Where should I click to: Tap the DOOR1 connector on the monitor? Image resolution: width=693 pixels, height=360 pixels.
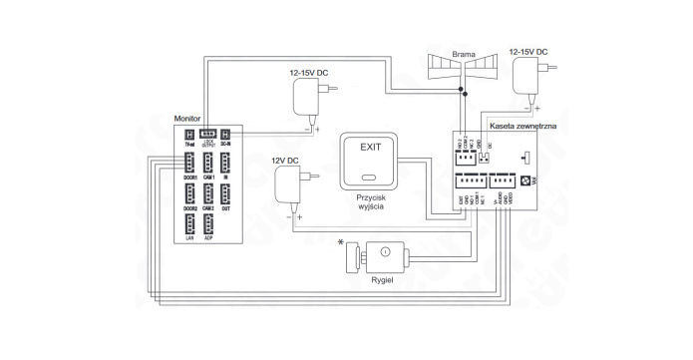(x=189, y=163)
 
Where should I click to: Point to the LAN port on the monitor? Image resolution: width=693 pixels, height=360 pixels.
(x=189, y=224)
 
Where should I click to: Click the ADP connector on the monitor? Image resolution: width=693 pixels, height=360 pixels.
(x=209, y=224)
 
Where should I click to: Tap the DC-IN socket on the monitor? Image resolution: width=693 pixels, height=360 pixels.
(x=226, y=134)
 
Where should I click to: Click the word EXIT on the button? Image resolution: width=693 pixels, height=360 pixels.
(x=370, y=147)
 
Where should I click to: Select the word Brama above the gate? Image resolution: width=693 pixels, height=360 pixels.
(x=463, y=55)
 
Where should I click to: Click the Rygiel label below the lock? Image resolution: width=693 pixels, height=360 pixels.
(x=384, y=281)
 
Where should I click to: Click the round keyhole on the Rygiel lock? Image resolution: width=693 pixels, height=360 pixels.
(x=384, y=253)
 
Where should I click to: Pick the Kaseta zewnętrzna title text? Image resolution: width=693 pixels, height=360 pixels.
(x=523, y=127)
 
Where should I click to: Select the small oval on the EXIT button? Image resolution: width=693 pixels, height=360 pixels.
(x=370, y=180)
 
